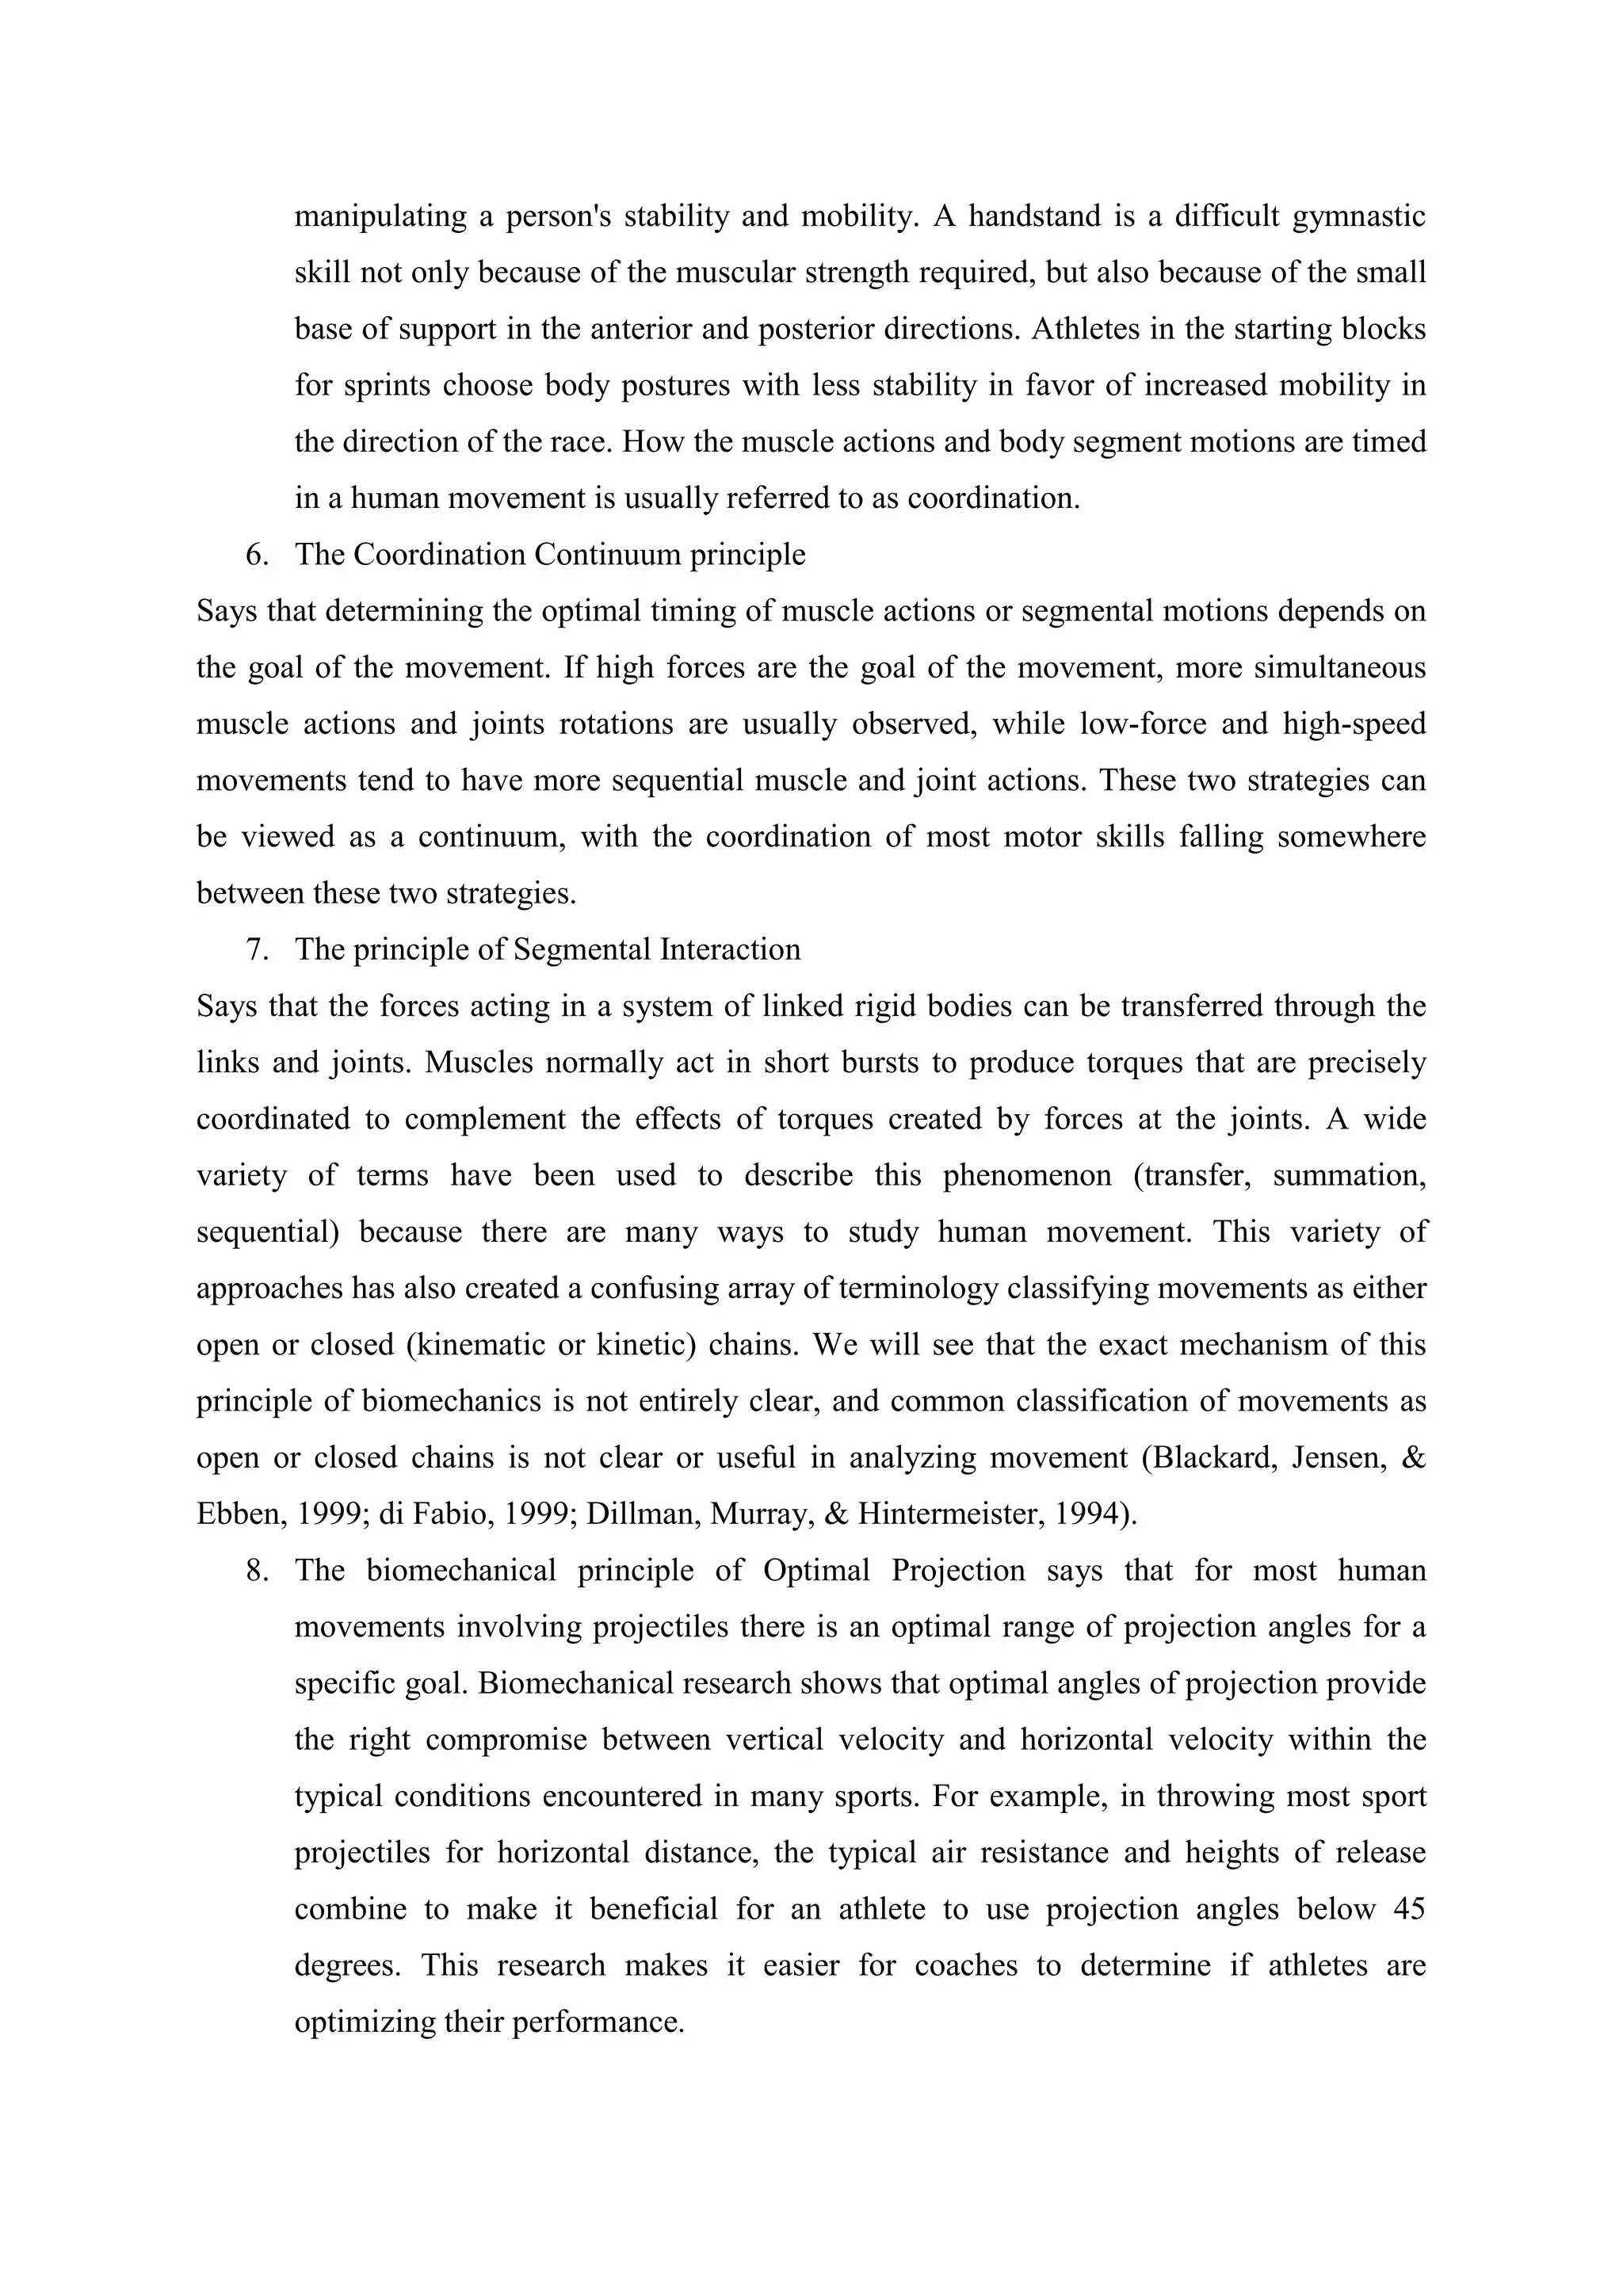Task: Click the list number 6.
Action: (x=257, y=555)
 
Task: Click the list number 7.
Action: (x=257, y=949)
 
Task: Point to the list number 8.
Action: (x=257, y=1571)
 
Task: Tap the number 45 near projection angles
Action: (x=1408, y=1909)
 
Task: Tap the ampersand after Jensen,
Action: (x=1414, y=1457)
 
